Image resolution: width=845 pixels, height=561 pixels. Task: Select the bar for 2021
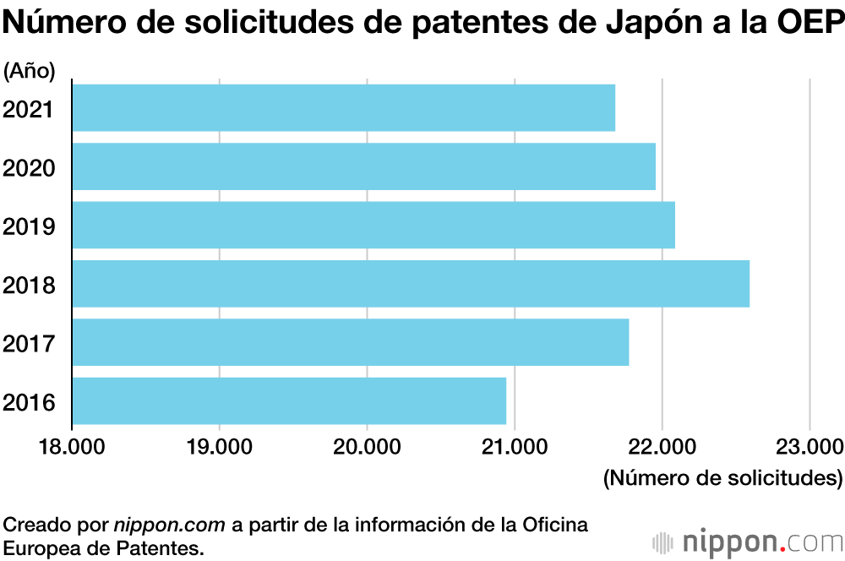tap(343, 107)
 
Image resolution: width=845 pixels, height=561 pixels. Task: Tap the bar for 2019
tap(373, 225)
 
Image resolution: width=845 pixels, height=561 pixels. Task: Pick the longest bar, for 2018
tap(410, 284)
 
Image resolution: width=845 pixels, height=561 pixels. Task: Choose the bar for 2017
tap(350, 342)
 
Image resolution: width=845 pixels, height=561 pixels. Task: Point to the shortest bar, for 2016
tap(289, 401)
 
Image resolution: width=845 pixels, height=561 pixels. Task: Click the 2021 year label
tap(30, 109)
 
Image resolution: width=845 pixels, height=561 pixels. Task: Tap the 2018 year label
tap(30, 286)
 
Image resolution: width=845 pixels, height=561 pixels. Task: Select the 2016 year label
tap(30, 402)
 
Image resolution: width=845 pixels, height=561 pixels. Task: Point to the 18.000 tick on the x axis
tap(72, 446)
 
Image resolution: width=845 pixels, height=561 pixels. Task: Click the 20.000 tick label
tap(367, 446)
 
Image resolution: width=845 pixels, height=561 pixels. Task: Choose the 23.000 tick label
tap(809, 446)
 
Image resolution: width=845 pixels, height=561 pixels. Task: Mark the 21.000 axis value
tap(515, 446)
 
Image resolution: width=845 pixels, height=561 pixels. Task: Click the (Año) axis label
tap(30, 72)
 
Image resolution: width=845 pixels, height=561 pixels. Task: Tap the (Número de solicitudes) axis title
tap(722, 478)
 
